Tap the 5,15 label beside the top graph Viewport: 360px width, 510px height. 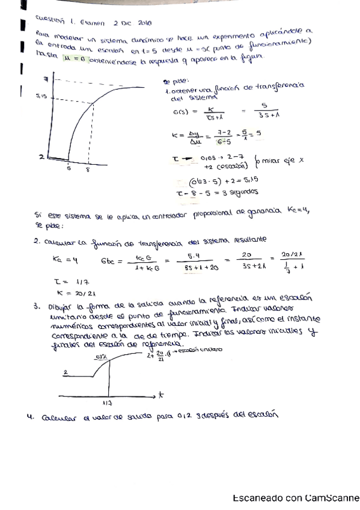(x=41, y=96)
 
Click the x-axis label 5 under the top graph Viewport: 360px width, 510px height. (x=70, y=170)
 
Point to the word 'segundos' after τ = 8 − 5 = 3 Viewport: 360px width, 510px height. (x=241, y=192)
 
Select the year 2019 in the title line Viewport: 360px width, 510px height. (x=144, y=23)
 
